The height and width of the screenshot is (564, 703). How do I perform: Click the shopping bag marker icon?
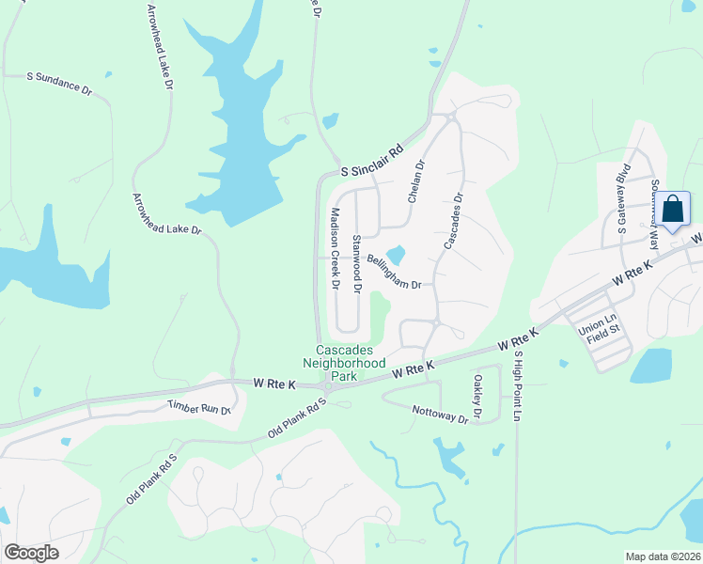[x=673, y=209]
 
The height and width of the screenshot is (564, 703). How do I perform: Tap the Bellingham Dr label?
[x=393, y=271]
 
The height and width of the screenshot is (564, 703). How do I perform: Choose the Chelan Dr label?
[x=417, y=178]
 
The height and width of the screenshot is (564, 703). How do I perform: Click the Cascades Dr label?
[x=453, y=222]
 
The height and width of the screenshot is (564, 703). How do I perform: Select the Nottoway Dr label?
[x=440, y=414]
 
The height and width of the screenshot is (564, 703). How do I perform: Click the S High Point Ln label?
[x=516, y=385]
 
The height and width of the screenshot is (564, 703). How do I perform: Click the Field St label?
[x=605, y=340]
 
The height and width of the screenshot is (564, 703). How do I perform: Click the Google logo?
[x=32, y=553]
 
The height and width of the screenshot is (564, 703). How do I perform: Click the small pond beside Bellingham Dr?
[x=396, y=255]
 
